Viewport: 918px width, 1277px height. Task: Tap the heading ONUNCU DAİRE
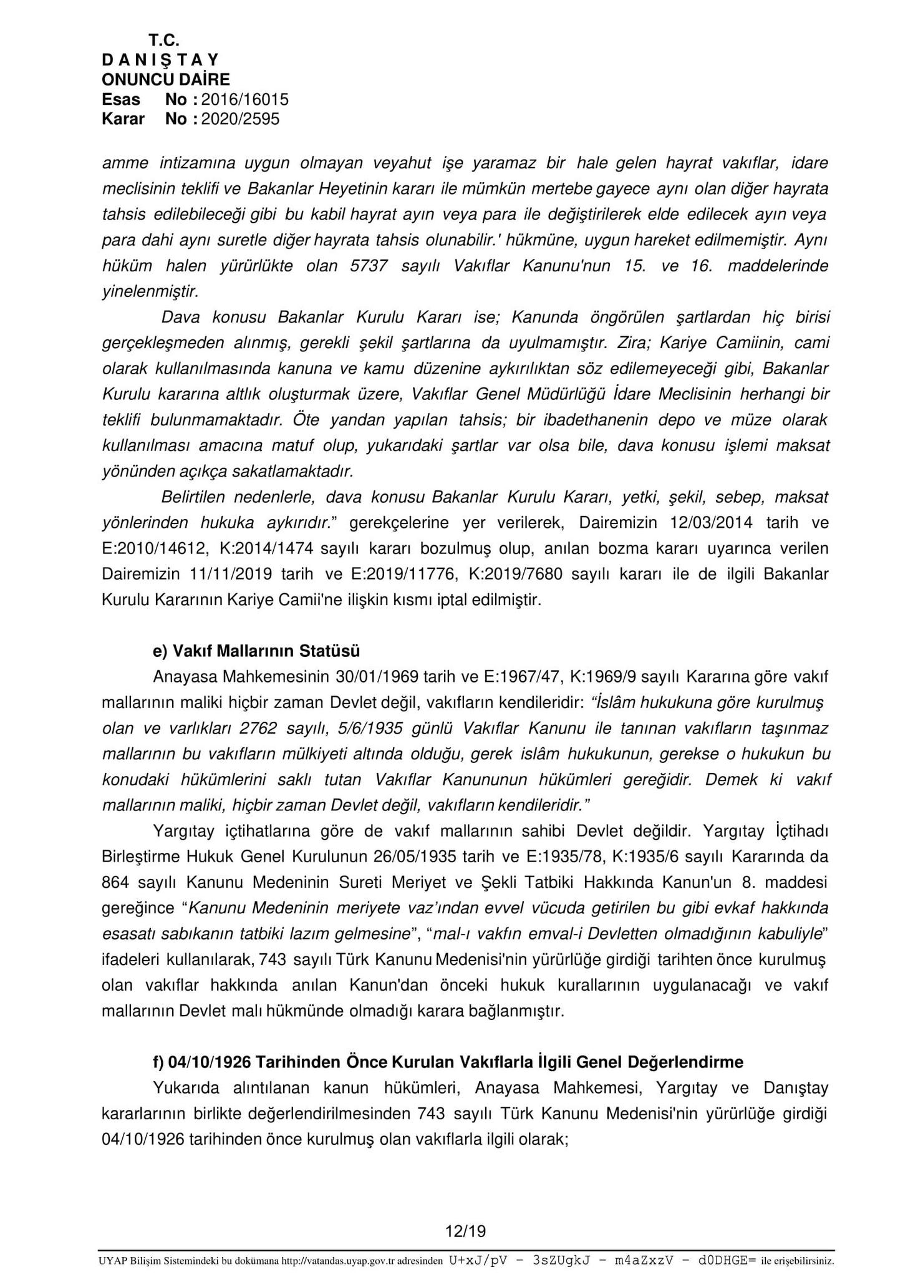(166, 79)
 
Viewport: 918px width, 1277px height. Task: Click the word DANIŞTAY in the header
(160, 60)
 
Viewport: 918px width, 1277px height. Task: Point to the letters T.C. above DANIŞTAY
(164, 41)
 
